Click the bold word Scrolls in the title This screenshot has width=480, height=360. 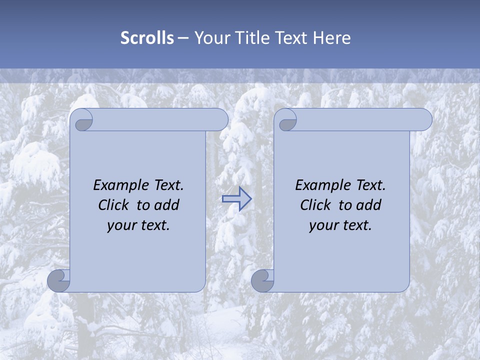click(x=147, y=38)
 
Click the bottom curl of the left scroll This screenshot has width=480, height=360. click(x=59, y=280)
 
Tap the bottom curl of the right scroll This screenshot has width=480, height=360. click(x=262, y=280)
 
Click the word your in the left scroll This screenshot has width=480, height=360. click(x=121, y=225)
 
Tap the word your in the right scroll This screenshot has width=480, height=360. click(x=323, y=225)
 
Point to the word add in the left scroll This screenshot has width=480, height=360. click(x=167, y=205)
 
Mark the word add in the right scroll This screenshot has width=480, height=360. click(x=369, y=205)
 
